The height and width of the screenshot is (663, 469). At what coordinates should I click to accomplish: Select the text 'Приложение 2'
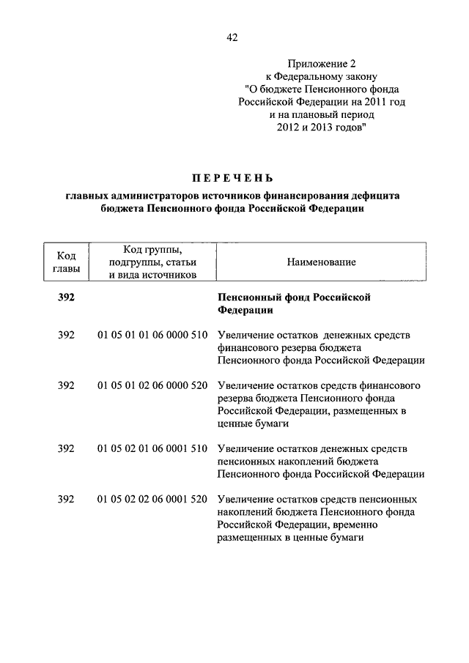click(321, 64)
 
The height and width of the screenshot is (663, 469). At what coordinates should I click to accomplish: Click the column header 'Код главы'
click(66, 262)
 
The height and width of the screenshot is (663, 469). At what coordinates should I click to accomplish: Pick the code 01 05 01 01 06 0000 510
click(152, 335)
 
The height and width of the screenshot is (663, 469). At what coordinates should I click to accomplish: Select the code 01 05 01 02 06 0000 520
click(152, 385)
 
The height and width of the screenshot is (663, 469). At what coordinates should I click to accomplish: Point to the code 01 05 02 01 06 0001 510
click(152, 448)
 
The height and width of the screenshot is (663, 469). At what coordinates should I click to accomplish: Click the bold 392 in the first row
click(66, 297)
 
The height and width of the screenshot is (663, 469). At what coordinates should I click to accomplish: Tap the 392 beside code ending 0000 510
click(66, 335)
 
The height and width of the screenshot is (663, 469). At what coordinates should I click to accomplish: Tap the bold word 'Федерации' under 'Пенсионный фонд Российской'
click(245, 311)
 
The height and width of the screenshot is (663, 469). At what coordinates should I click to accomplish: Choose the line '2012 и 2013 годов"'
click(321, 128)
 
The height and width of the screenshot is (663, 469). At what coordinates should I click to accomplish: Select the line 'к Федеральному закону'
click(321, 77)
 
